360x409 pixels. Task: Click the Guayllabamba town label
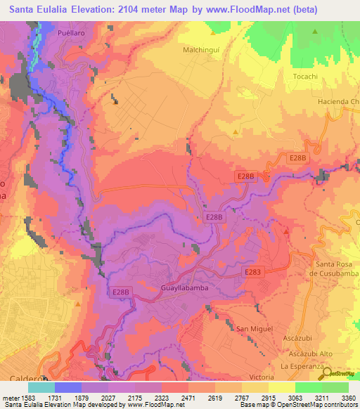(184, 297)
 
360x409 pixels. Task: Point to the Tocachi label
(306, 76)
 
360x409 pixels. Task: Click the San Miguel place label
(252, 329)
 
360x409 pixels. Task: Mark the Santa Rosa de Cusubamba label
(335, 268)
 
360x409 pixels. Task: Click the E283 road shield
(254, 271)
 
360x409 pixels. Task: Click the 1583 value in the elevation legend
(29, 397)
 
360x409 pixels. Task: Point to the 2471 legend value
(188, 397)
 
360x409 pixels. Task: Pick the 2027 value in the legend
(108, 397)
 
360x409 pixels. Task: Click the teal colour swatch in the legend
(41, 387)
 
